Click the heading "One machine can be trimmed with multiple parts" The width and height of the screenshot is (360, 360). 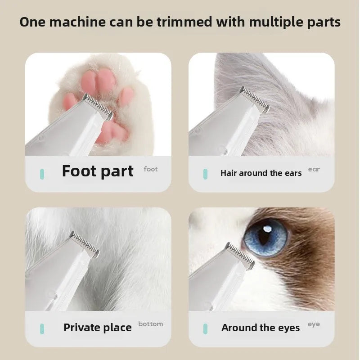tap(180, 22)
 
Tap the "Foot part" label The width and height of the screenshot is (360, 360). tap(98, 171)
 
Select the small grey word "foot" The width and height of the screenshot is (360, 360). tap(151, 169)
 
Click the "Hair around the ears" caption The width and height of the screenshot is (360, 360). tap(261, 173)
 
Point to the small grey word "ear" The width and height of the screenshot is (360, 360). tap(314, 169)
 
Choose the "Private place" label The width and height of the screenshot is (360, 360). tap(98, 328)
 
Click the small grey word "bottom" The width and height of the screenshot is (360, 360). tap(151, 324)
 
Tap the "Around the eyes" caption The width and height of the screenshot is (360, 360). tap(261, 328)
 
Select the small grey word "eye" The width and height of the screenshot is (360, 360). tap(314, 324)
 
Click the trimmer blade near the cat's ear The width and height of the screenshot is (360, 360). tap(255, 99)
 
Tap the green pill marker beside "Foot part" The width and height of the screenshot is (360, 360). tap(42, 173)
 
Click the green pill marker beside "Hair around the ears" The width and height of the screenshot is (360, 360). tap(205, 173)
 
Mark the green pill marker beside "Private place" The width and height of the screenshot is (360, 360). tap(42, 328)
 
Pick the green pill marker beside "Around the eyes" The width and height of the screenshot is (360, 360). tap(205, 328)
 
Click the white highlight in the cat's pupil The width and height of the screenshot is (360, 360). tap(267, 229)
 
